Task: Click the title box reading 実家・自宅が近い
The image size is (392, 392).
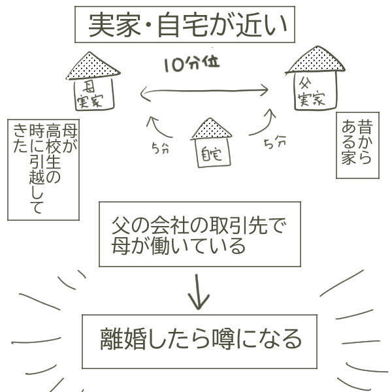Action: (184, 25)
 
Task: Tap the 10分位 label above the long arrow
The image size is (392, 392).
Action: (191, 64)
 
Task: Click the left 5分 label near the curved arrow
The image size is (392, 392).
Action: (159, 148)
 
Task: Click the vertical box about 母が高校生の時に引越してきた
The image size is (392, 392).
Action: (43, 169)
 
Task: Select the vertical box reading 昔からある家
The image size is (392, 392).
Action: (357, 145)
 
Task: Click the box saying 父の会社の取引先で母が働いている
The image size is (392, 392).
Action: (199, 234)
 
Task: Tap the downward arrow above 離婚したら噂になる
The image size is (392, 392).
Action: (199, 290)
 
